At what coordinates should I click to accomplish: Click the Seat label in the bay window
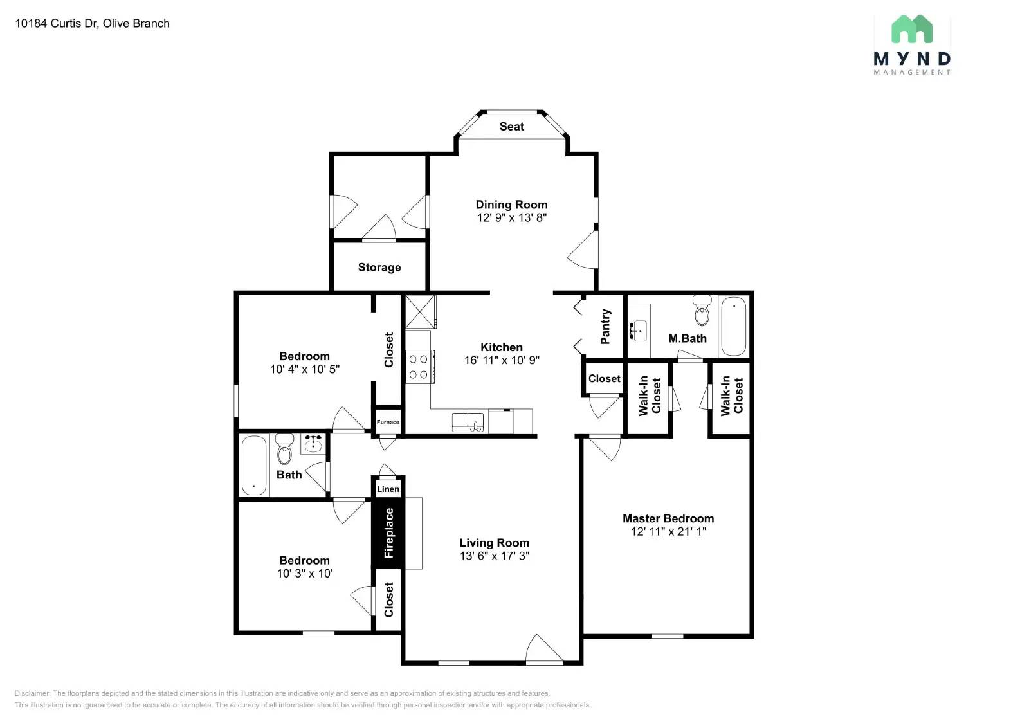pyautogui.click(x=511, y=127)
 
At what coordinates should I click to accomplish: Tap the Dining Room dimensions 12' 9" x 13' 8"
pyautogui.click(x=511, y=217)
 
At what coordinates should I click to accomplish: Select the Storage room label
pyautogui.click(x=379, y=267)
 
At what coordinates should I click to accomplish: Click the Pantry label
pyautogui.click(x=605, y=327)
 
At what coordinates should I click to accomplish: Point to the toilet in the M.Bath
pyautogui.click(x=702, y=313)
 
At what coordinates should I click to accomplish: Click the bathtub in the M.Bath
pyautogui.click(x=733, y=325)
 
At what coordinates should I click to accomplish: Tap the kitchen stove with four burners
pyautogui.click(x=419, y=367)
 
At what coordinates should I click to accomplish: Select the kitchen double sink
pyautogui.click(x=468, y=423)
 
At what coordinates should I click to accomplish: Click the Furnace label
pyautogui.click(x=388, y=423)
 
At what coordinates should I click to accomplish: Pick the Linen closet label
pyautogui.click(x=388, y=489)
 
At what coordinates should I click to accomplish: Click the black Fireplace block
pyautogui.click(x=388, y=532)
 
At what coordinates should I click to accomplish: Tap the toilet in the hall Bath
pyautogui.click(x=284, y=450)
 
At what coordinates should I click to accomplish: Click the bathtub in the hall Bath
pyautogui.click(x=253, y=466)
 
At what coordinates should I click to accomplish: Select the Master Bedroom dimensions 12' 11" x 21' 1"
pyautogui.click(x=668, y=531)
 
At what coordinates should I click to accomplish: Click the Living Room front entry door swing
pyautogui.click(x=543, y=650)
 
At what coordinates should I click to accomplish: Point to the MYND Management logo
pyautogui.click(x=911, y=45)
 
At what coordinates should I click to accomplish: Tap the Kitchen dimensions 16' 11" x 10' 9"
pyautogui.click(x=502, y=360)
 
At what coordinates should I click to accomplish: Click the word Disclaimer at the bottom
pyautogui.click(x=32, y=693)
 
